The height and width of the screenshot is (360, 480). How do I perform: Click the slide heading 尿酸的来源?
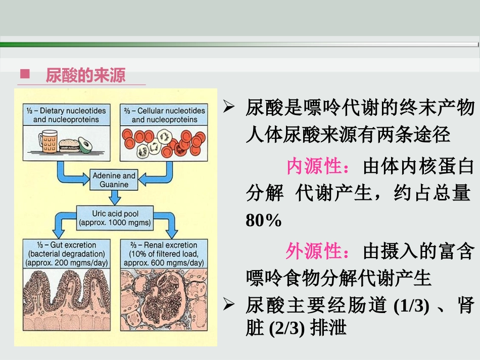pyautogui.click(x=85, y=75)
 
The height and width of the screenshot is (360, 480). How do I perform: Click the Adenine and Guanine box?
pyautogui.click(x=114, y=180)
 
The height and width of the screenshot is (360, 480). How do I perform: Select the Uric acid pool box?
pyautogui.click(x=114, y=217)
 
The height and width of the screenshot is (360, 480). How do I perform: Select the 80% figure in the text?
pyautogui.click(x=263, y=221)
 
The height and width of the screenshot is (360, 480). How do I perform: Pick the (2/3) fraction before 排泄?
pyautogui.click(x=285, y=329)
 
